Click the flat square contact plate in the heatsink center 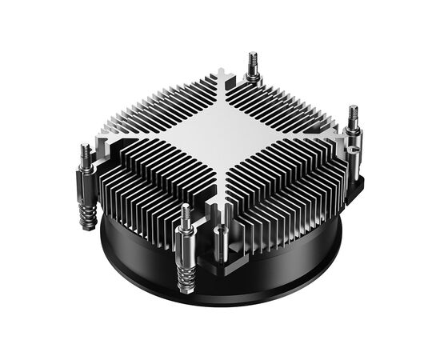coord(220,132)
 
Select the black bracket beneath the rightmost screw coord(352,180)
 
